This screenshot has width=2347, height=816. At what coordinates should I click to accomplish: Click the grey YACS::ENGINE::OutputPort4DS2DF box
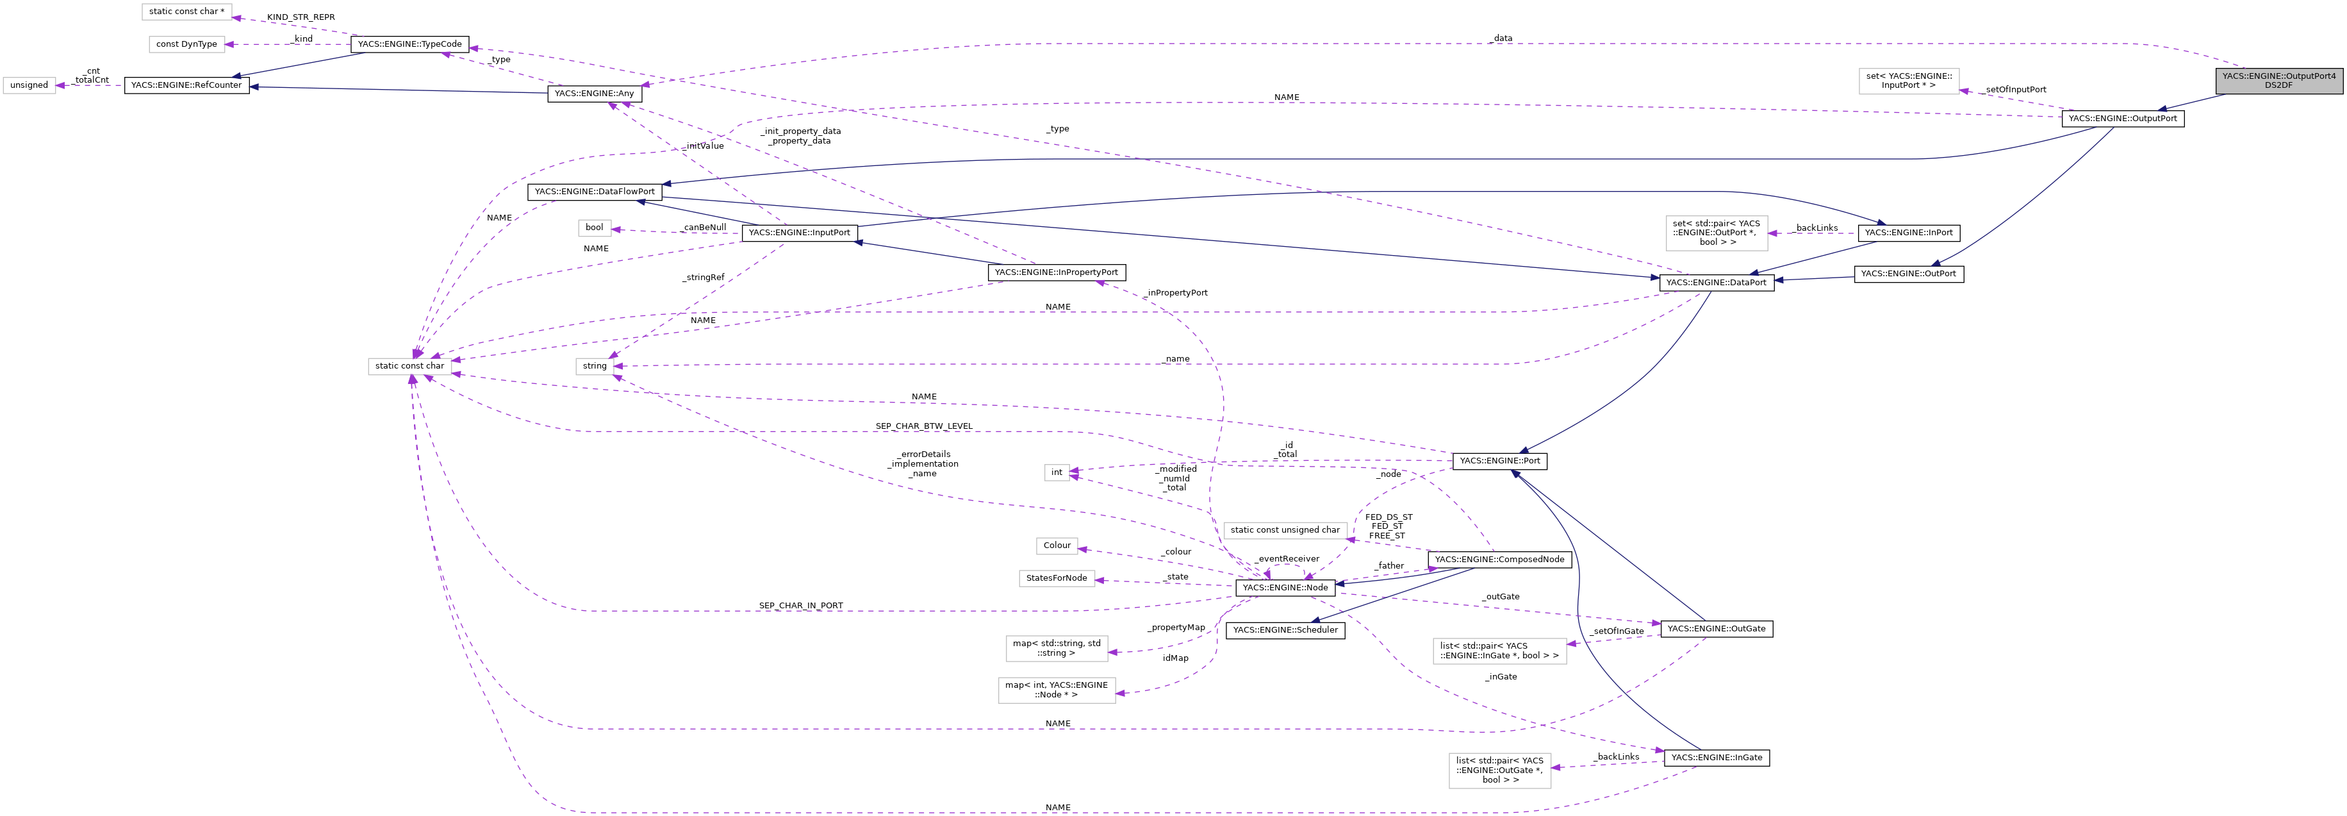(x=2278, y=80)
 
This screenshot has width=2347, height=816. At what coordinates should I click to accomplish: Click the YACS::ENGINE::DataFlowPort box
(x=594, y=192)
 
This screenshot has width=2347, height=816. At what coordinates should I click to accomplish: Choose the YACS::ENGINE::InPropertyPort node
(x=1056, y=272)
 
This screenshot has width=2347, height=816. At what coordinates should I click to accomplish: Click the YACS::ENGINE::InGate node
(x=1716, y=757)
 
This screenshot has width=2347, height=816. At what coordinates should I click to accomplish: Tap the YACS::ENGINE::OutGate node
(x=1716, y=628)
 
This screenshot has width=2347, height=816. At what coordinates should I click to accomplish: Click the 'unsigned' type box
(x=29, y=85)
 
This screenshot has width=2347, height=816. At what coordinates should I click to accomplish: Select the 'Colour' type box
(x=1056, y=545)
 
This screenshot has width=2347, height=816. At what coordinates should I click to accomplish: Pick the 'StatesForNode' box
(x=1056, y=578)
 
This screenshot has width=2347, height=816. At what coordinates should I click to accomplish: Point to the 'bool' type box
(x=594, y=227)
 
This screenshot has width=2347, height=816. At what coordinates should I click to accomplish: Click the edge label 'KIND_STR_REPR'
(x=301, y=17)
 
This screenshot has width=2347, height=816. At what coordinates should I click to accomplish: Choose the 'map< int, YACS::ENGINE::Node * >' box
(x=1056, y=689)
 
